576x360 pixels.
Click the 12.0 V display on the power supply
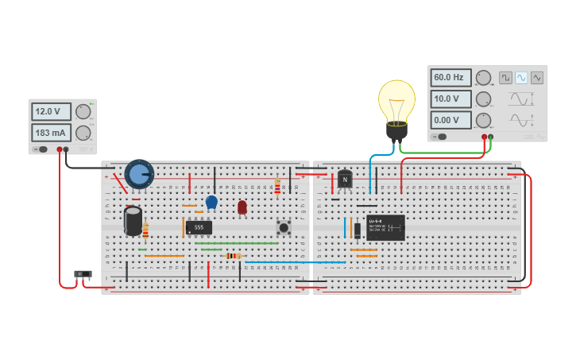pyautogui.click(x=51, y=111)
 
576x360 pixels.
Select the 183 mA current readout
pyautogui.click(x=51, y=133)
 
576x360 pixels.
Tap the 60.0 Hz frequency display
pyautogui.click(x=450, y=78)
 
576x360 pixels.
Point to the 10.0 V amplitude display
pyautogui.click(x=450, y=99)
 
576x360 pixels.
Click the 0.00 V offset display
pyautogui.click(x=450, y=121)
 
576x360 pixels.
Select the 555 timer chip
pyautogui.click(x=199, y=227)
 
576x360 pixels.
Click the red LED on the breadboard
pyautogui.click(x=242, y=207)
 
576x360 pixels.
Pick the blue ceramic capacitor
pyautogui.click(x=211, y=202)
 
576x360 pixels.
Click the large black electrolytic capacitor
pyautogui.click(x=133, y=219)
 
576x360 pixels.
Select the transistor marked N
pyautogui.click(x=344, y=180)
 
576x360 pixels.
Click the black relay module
pyautogui.click(x=385, y=227)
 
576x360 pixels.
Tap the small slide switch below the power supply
pyautogui.click(x=83, y=274)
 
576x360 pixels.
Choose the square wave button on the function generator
pyautogui.click(x=505, y=78)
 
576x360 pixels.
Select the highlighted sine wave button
pyautogui.click(x=521, y=78)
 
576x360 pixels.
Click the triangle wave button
pyautogui.click(x=537, y=78)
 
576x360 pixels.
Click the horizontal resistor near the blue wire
pyautogui.click(x=233, y=256)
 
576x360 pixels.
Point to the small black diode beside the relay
pyautogui.click(x=358, y=230)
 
